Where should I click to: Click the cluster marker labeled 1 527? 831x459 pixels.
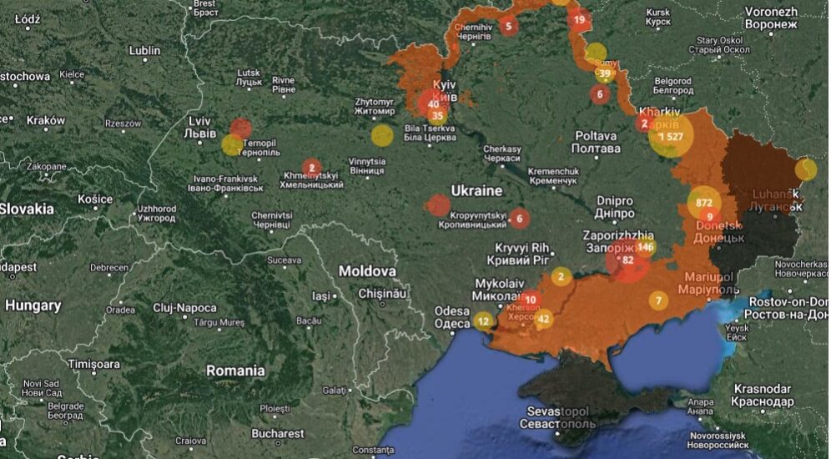(x=672, y=136)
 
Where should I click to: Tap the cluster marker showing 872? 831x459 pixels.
(x=704, y=202)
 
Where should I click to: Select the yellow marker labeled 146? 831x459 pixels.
(x=646, y=246)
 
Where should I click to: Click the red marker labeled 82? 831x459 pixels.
(x=628, y=260)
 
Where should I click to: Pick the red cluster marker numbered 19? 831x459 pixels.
(x=579, y=19)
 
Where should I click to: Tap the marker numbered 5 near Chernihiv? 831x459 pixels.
(x=508, y=26)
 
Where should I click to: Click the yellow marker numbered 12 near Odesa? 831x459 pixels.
(x=484, y=320)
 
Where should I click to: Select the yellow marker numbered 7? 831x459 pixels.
(x=658, y=300)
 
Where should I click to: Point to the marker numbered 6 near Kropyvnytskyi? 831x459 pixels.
(x=519, y=219)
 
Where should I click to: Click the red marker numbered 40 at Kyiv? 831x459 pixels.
(x=433, y=103)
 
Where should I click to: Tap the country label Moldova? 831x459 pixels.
(x=367, y=271)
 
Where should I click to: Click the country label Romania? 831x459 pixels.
(x=235, y=371)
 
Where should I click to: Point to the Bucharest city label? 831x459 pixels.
(x=278, y=433)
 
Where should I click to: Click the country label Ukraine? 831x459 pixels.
(x=476, y=191)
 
